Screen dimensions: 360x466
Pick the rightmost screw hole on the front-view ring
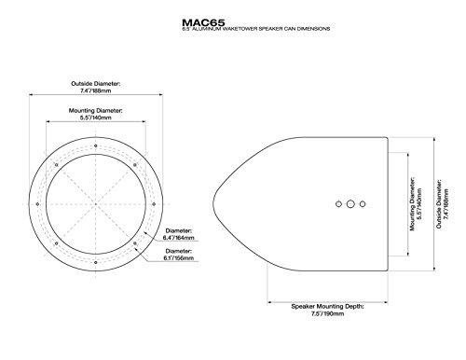coord(154,203)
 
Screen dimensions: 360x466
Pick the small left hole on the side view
coord(336,202)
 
